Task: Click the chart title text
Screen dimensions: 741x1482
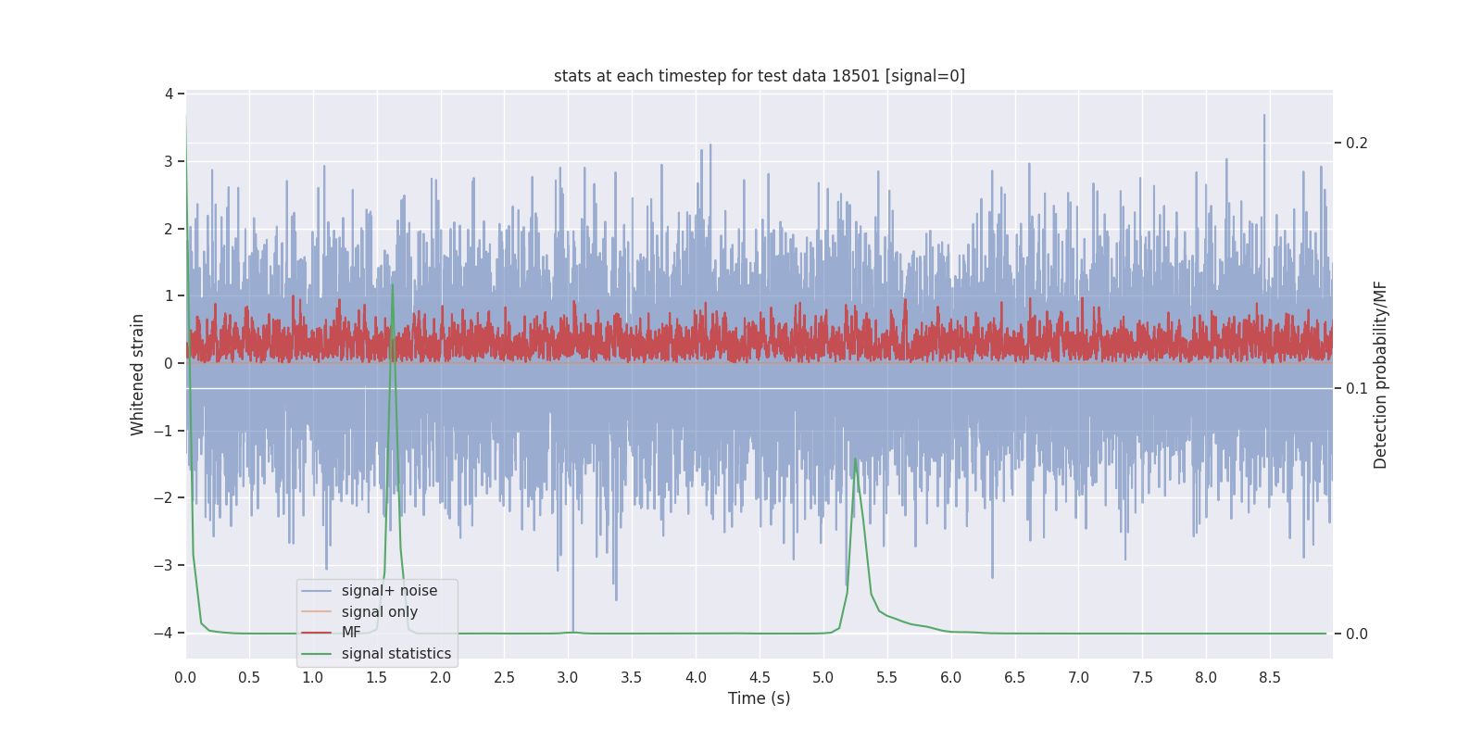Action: point(759,76)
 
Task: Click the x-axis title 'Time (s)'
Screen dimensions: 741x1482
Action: point(759,698)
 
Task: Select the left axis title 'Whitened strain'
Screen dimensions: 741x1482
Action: point(138,374)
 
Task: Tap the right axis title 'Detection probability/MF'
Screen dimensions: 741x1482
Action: point(1380,374)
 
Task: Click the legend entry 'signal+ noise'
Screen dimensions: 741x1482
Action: point(389,591)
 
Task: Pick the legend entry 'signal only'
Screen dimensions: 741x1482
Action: point(379,612)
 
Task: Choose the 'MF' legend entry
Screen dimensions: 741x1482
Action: point(351,633)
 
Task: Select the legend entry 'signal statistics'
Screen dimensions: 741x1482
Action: point(396,654)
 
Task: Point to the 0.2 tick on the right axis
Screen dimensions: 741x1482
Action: point(1356,143)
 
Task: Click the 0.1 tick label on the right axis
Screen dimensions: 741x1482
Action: point(1356,388)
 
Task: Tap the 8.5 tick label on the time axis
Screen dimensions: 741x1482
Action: point(1269,678)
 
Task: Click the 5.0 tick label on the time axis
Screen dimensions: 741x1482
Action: point(823,678)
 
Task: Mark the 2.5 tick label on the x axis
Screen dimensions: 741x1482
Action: point(504,678)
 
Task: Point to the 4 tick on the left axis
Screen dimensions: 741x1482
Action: point(170,94)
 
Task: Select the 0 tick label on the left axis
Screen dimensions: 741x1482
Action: point(169,363)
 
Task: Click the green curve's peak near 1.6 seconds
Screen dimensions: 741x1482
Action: point(393,284)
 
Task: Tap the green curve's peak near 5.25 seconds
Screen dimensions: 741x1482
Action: point(855,459)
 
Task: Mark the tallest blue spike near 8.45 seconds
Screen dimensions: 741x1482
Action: point(1263,116)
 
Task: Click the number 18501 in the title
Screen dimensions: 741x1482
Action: point(855,76)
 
